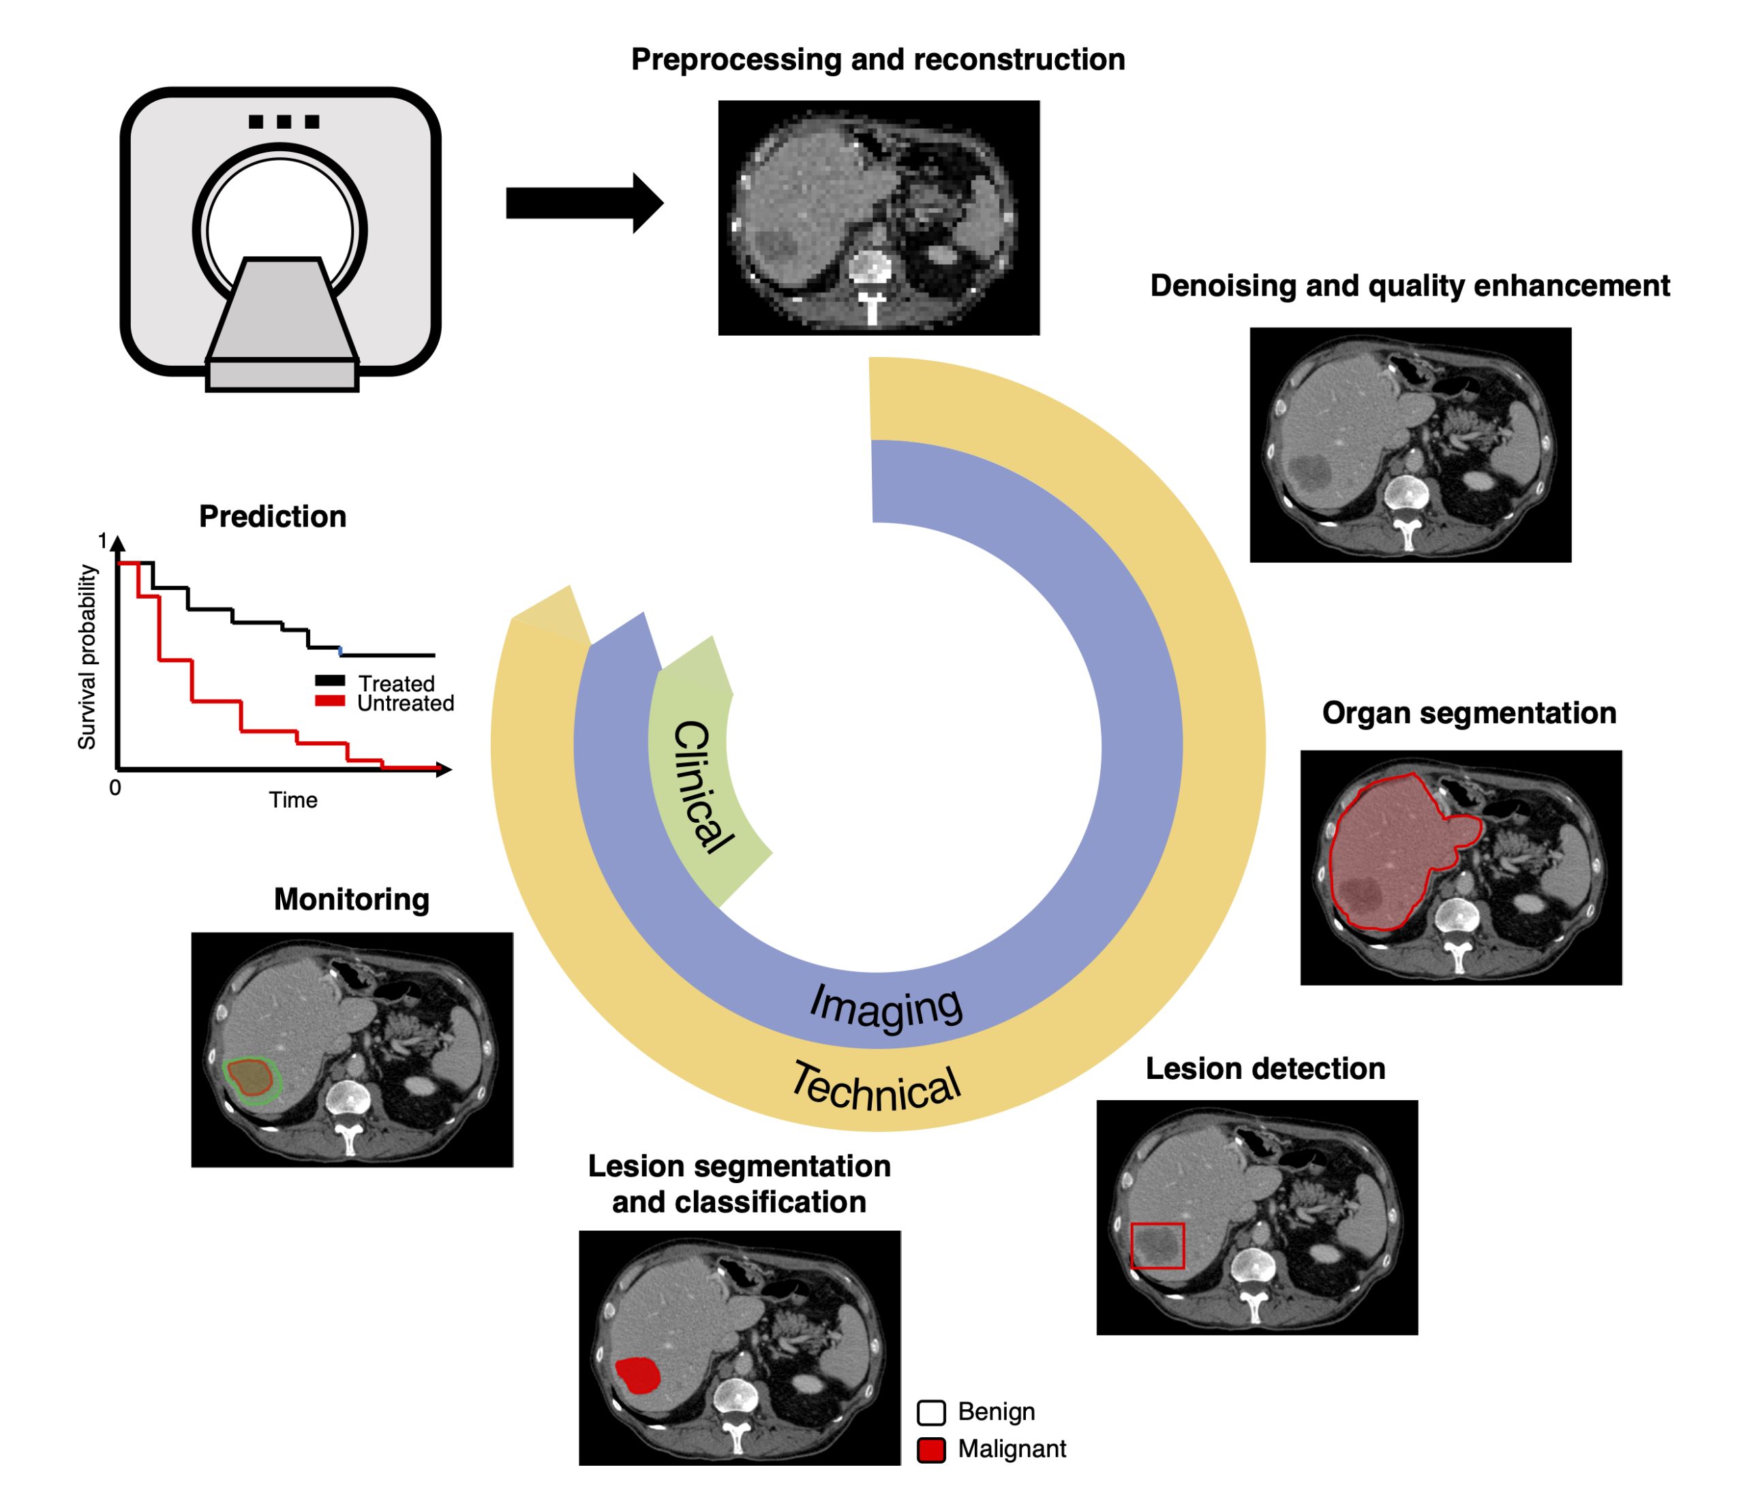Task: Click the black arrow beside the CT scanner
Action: tap(581, 203)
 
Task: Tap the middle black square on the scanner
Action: tap(284, 122)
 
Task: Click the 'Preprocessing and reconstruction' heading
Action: tap(877, 60)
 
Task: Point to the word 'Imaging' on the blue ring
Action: tap(885, 1006)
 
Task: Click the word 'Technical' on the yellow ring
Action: tap(876, 1088)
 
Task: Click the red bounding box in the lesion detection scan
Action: tap(1157, 1246)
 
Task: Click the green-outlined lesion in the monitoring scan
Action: tap(251, 1079)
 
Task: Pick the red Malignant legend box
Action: tap(930, 1450)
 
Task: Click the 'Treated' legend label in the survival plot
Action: tap(396, 683)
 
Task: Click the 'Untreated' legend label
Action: tap(405, 704)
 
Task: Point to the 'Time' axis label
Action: tap(293, 800)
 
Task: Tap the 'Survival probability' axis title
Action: tap(87, 657)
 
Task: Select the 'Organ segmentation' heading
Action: tap(1469, 713)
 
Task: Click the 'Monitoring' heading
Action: tap(351, 899)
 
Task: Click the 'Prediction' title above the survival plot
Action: tap(272, 516)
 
